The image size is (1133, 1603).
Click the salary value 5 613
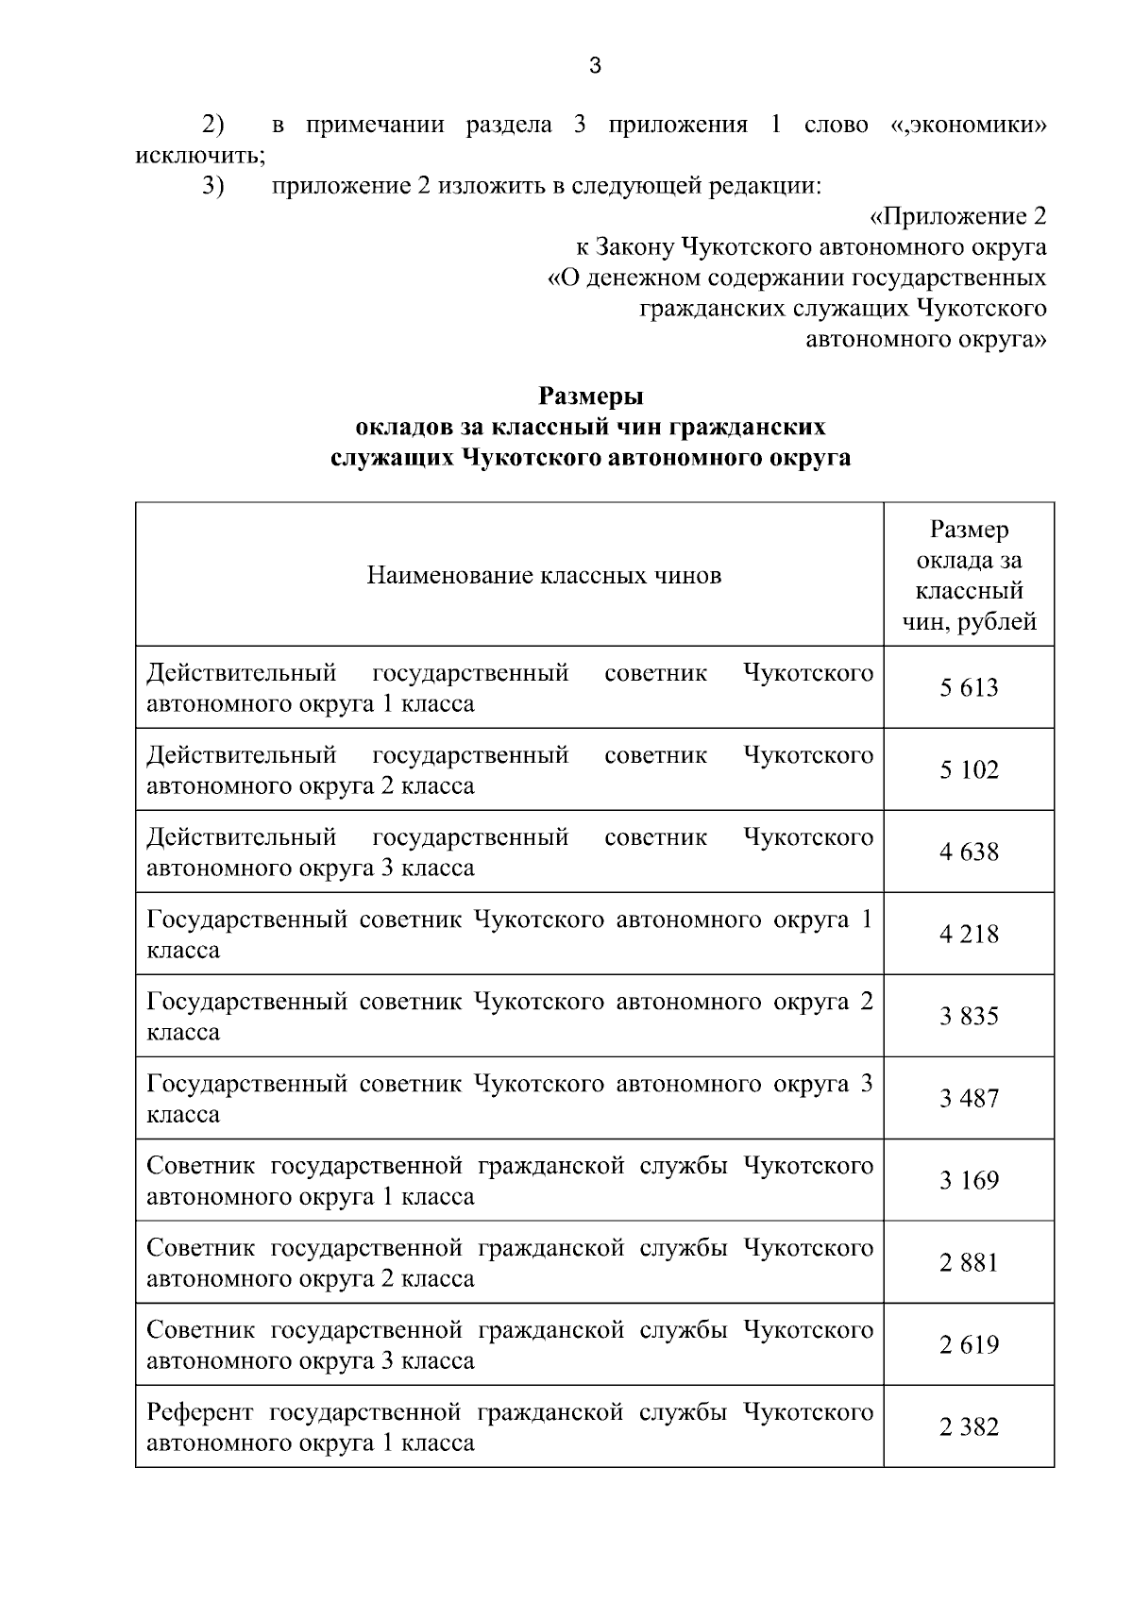(969, 687)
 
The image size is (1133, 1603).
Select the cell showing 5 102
(969, 769)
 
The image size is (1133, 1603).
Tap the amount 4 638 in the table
(969, 852)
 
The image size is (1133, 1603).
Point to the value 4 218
(969, 934)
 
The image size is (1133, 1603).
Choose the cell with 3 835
(969, 1016)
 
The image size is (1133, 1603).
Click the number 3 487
(969, 1098)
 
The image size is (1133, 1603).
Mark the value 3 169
(969, 1180)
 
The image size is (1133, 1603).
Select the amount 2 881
(969, 1262)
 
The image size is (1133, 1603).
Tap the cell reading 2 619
(969, 1344)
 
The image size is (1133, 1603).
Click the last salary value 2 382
(969, 1426)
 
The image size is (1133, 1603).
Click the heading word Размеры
(591, 396)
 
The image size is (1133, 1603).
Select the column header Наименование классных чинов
(544, 575)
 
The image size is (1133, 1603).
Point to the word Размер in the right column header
(969, 530)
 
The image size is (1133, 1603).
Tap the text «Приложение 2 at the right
(957, 216)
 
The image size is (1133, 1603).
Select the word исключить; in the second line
(200, 155)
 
